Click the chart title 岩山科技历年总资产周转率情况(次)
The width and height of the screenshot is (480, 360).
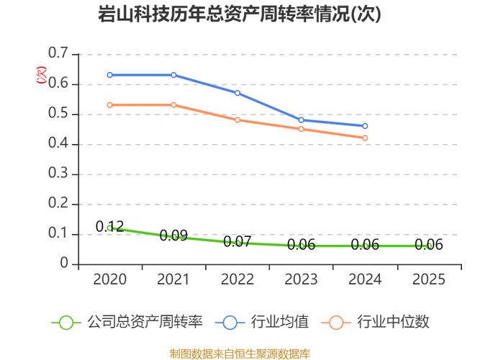pos(240,14)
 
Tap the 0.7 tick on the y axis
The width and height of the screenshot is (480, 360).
pos(58,54)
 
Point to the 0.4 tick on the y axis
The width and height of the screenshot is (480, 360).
pos(58,144)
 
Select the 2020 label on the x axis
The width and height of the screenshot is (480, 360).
pos(110,279)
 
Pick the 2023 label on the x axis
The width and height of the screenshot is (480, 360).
pos(301,279)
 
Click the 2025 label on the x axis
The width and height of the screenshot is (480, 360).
pos(429,279)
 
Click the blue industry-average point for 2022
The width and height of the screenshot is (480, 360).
pos(237,93)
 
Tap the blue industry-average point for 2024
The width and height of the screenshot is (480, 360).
pos(365,126)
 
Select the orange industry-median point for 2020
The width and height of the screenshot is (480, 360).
pos(110,105)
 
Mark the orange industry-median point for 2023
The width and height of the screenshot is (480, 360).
pos(301,129)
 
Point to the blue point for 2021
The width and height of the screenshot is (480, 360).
pos(173,75)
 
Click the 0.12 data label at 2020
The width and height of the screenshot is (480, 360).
pos(110,227)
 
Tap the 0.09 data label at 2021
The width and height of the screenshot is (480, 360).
pos(173,235)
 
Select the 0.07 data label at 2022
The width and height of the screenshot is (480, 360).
pos(237,242)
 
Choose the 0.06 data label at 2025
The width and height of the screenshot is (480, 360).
pos(429,245)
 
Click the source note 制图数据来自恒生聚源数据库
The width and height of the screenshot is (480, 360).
pos(240,353)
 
